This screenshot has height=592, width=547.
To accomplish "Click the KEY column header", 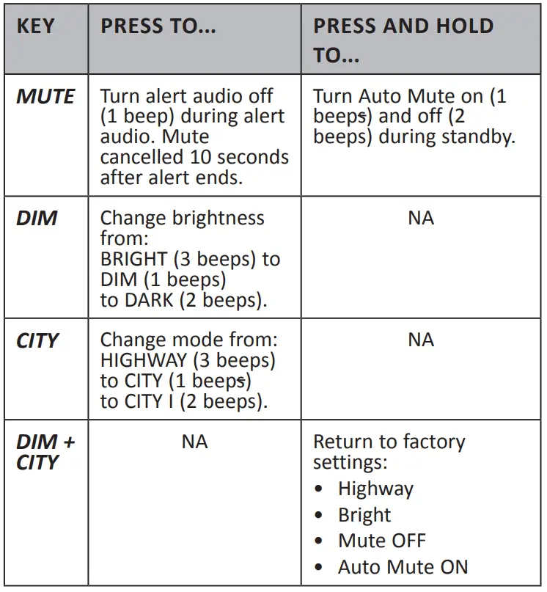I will click(36, 27).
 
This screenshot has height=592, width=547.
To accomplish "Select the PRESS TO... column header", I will click(158, 27).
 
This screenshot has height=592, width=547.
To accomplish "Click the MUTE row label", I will click(45, 97).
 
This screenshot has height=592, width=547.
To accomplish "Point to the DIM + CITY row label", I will click(45, 452).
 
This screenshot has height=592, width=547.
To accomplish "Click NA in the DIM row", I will click(421, 219).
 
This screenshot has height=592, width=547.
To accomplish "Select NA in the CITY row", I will click(421, 340).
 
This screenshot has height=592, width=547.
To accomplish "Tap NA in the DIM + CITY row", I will click(194, 442).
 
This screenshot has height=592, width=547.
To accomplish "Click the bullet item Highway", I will click(375, 489).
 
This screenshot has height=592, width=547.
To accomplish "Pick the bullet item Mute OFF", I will click(381, 541).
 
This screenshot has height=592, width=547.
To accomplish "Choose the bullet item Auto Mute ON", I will click(403, 567).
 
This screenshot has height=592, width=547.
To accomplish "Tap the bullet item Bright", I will click(364, 516).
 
